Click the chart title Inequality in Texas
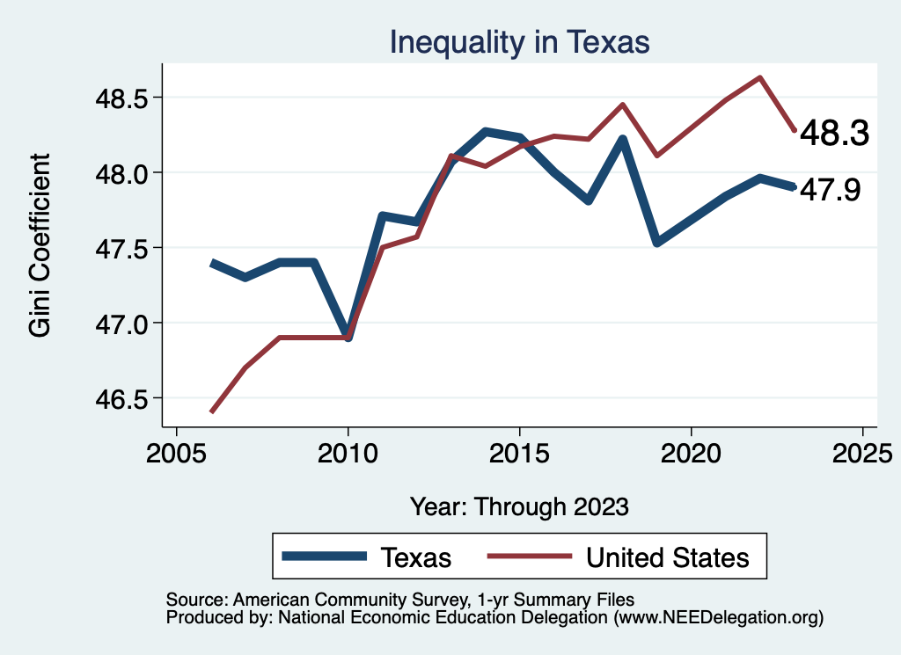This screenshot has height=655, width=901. tap(519, 41)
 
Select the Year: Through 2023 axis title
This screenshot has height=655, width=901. tap(519, 506)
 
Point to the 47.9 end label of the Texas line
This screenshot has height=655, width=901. tap(830, 190)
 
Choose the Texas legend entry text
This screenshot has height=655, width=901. tap(415, 557)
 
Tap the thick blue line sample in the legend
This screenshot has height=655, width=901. tap(324, 557)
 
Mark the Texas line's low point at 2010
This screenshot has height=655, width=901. tap(348, 336)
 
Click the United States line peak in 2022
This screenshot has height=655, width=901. tap(759, 77)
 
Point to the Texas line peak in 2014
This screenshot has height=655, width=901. tap(486, 132)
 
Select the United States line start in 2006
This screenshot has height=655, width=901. tap(211, 411)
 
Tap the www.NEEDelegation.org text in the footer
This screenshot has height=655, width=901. tap(719, 618)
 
